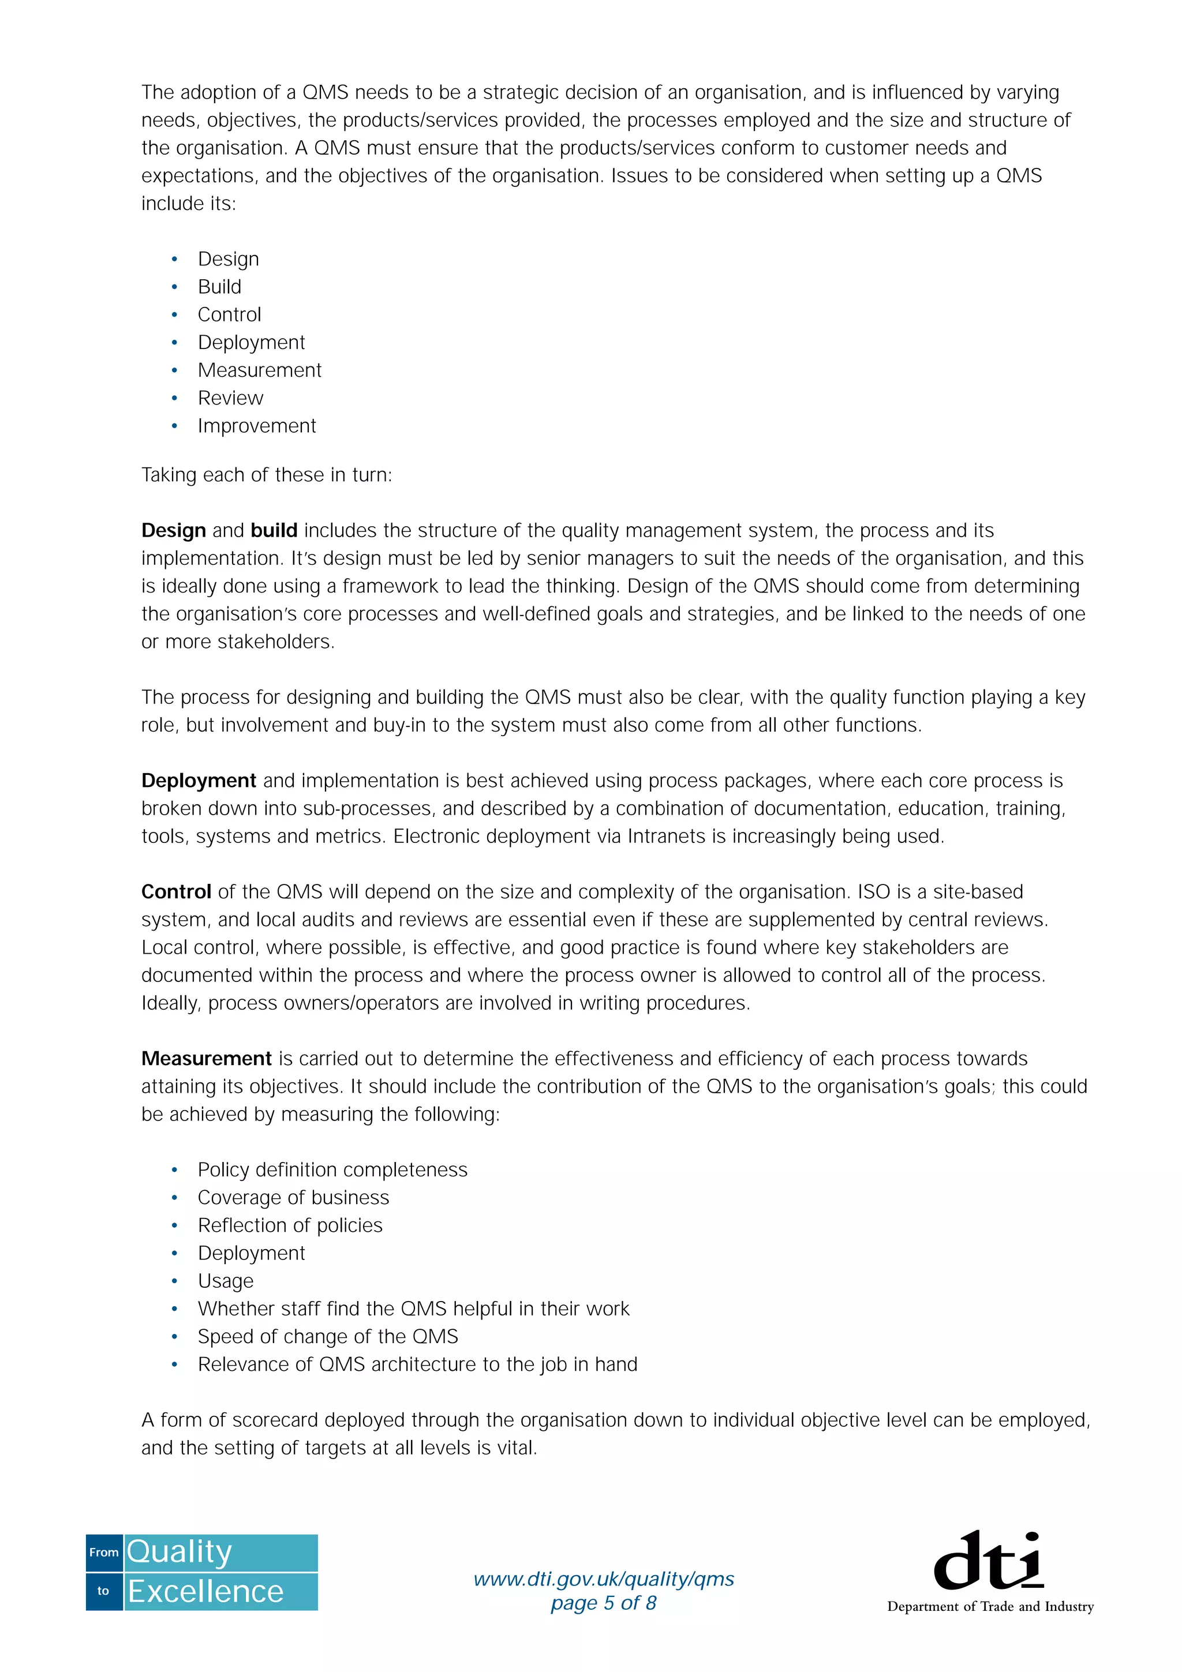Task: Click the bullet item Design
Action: pos(228,259)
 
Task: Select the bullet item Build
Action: pos(219,287)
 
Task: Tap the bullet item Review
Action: pos(230,398)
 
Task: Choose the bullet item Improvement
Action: pos(256,426)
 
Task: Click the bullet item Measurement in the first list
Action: pos(259,370)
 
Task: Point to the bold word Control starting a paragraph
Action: pos(175,892)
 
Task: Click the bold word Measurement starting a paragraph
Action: pos(206,1059)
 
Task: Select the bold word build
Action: pos(274,531)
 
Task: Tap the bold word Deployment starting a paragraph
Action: pos(198,781)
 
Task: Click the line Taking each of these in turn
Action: pos(267,475)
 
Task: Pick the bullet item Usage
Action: pos(226,1281)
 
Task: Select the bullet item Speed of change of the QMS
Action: pos(328,1337)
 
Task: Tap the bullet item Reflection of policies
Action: pos(290,1225)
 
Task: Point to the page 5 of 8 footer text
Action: pos(604,1603)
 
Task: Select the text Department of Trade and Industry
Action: pos(990,1606)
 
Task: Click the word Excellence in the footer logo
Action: pos(205,1592)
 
